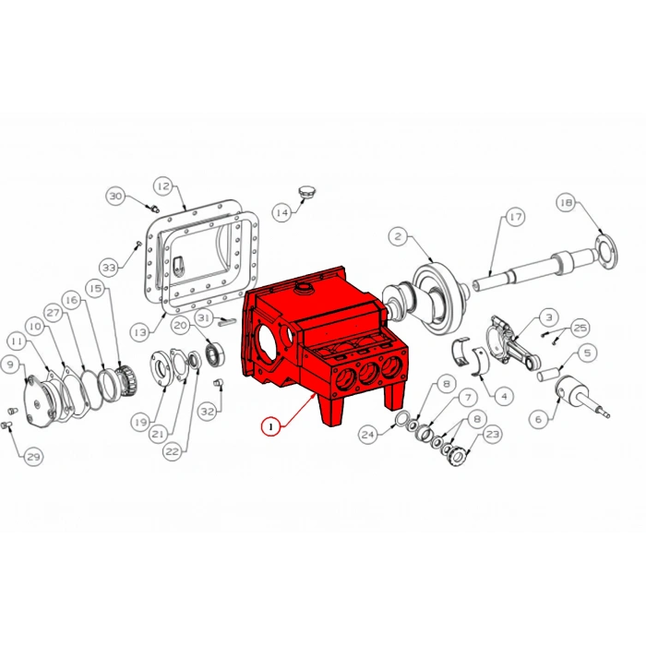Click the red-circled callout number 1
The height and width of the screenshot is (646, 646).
tap(270, 426)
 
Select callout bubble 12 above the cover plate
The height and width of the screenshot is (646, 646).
tap(162, 186)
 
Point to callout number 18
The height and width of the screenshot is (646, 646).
tap(566, 203)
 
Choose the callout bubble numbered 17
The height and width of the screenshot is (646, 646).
tap(514, 218)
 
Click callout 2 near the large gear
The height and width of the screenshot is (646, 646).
tap(398, 237)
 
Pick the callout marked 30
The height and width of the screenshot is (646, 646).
tap(115, 197)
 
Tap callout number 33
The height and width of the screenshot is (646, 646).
tap(110, 268)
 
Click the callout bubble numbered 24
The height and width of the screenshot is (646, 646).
tap(368, 434)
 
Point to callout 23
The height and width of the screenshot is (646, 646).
tap(492, 433)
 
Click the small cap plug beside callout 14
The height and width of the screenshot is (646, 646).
tap(307, 192)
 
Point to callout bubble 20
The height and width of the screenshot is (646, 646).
tap(181, 325)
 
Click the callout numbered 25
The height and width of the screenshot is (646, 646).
tap(580, 327)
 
